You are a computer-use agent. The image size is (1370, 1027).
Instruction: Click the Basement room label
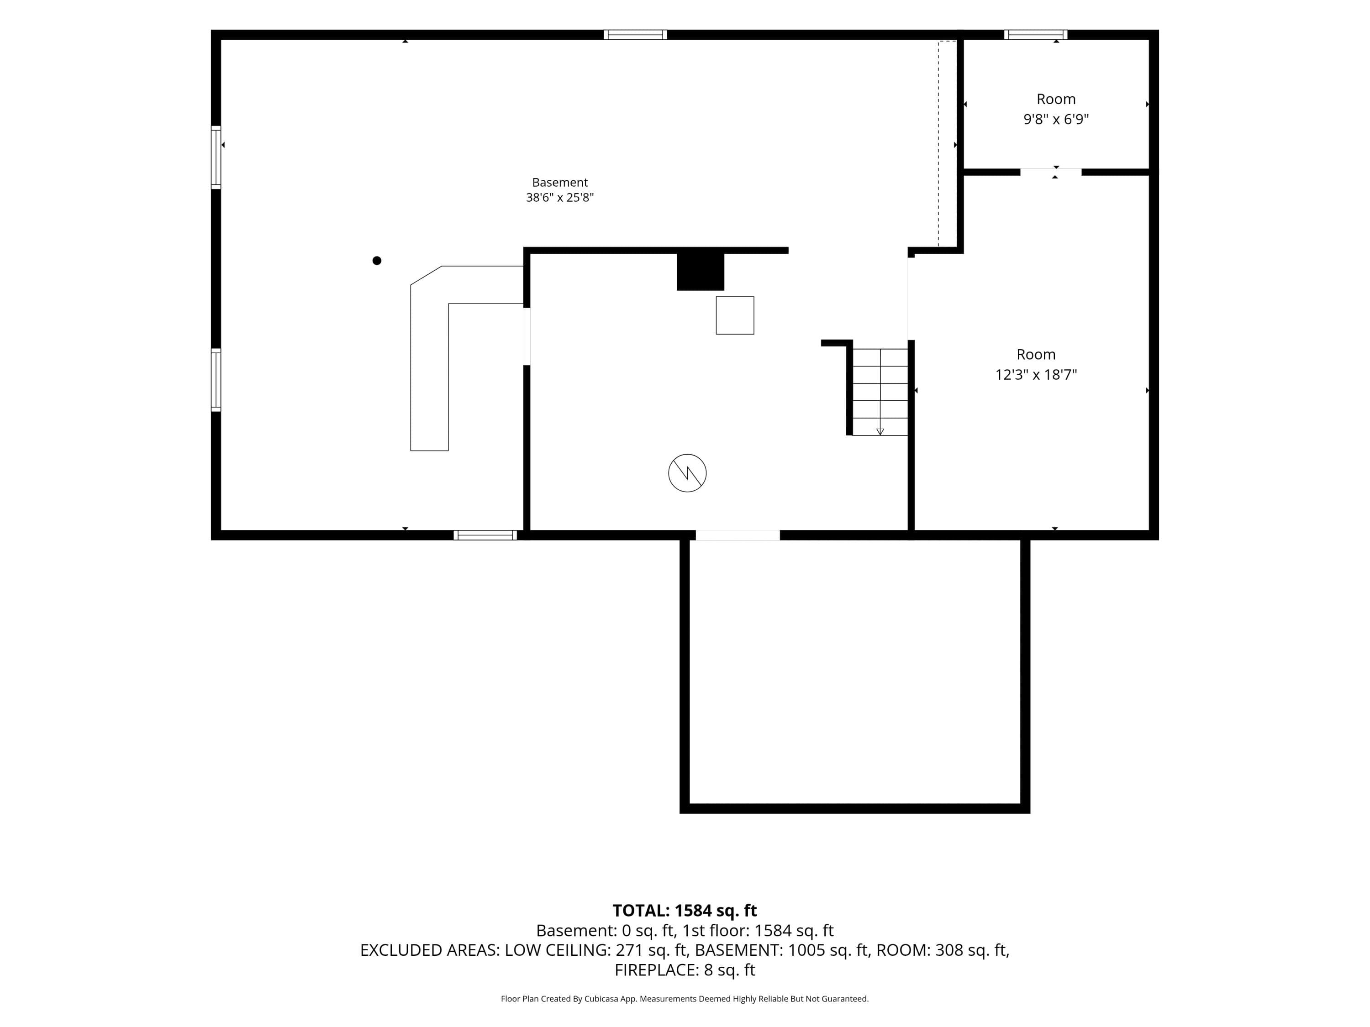click(x=560, y=183)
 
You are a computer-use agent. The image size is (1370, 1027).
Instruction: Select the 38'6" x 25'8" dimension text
click(x=560, y=198)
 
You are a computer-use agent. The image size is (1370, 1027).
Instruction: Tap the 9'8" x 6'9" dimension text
click(x=1056, y=119)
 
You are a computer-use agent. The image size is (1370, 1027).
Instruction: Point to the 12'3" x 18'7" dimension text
click(x=1036, y=375)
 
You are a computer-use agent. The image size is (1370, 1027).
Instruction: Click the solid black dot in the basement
click(x=377, y=261)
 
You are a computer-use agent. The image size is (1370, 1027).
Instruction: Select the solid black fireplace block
click(x=701, y=271)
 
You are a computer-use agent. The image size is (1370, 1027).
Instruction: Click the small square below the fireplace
click(x=735, y=316)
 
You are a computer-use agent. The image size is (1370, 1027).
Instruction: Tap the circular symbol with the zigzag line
click(x=687, y=474)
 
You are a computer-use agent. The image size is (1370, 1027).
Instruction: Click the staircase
click(x=880, y=392)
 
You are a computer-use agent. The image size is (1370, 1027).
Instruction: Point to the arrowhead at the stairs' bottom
click(x=880, y=431)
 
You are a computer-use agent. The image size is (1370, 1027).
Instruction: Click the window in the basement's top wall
click(x=636, y=35)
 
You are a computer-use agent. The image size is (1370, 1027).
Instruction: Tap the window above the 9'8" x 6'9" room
click(x=1036, y=35)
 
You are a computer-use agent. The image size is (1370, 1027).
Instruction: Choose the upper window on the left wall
click(x=216, y=157)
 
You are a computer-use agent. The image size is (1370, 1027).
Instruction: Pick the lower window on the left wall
click(x=216, y=380)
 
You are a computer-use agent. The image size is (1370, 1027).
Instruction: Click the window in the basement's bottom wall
click(x=485, y=535)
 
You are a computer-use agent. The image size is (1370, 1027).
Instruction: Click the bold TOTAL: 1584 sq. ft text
click(x=685, y=911)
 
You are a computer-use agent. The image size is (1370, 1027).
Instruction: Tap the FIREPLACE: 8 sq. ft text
click(x=685, y=970)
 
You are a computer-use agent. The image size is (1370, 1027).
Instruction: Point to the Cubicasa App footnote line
click(x=685, y=999)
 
